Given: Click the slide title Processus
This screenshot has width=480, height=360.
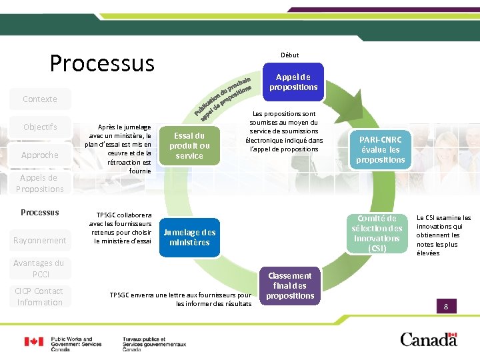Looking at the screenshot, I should (102, 63).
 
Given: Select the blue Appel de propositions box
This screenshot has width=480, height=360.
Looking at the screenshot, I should (293, 82).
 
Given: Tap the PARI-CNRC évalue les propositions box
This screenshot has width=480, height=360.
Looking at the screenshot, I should (381, 149).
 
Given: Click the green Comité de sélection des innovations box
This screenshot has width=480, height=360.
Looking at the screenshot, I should (377, 233).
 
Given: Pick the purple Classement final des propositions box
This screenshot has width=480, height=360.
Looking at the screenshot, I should (290, 285).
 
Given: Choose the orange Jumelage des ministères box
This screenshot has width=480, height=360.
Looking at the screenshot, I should (189, 237).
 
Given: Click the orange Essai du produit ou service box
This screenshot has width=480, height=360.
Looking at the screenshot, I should (189, 145).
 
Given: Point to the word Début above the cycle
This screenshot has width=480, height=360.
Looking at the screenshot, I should (290, 55).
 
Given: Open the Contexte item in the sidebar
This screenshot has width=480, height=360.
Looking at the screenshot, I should (40, 99).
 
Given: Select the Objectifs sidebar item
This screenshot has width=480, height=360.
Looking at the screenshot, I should (40, 127).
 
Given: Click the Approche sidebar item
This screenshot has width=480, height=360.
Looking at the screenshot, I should (40, 155).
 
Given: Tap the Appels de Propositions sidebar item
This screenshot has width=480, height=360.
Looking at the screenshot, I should (40, 183).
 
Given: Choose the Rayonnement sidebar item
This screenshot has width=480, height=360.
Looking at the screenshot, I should (40, 240).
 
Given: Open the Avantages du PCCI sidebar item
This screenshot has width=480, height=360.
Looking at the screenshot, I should (40, 268).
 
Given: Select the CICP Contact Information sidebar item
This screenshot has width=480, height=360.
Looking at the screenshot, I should (40, 297).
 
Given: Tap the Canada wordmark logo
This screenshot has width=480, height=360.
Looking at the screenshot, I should (429, 339).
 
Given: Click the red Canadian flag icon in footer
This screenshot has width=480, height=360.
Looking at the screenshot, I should (34, 342).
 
